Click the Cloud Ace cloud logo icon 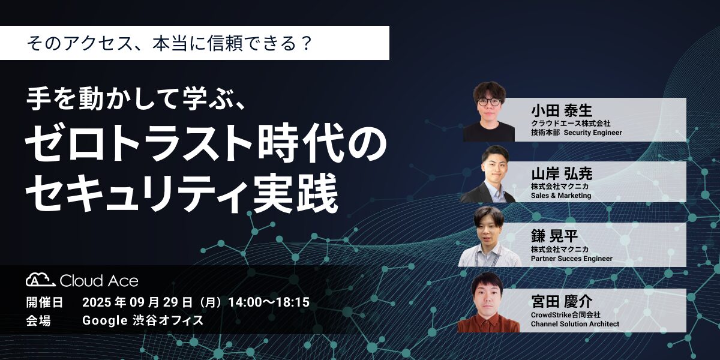(x=41, y=280)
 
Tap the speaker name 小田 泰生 (x=562, y=111)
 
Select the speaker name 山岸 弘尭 (x=562, y=174)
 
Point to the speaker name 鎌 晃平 (x=554, y=236)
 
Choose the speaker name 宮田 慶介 (x=562, y=301)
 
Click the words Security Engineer (x=593, y=133)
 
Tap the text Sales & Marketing (x=561, y=196)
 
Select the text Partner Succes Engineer (x=571, y=259)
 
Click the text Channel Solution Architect (x=575, y=323)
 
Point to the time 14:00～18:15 (x=269, y=302)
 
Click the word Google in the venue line (x=105, y=320)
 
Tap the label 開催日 (x=44, y=302)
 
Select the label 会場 (x=38, y=320)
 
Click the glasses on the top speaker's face (x=489, y=102)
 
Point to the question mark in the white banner (x=306, y=43)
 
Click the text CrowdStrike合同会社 (x=565, y=314)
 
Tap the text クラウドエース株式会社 (x=571, y=123)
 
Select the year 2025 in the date (x=97, y=302)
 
